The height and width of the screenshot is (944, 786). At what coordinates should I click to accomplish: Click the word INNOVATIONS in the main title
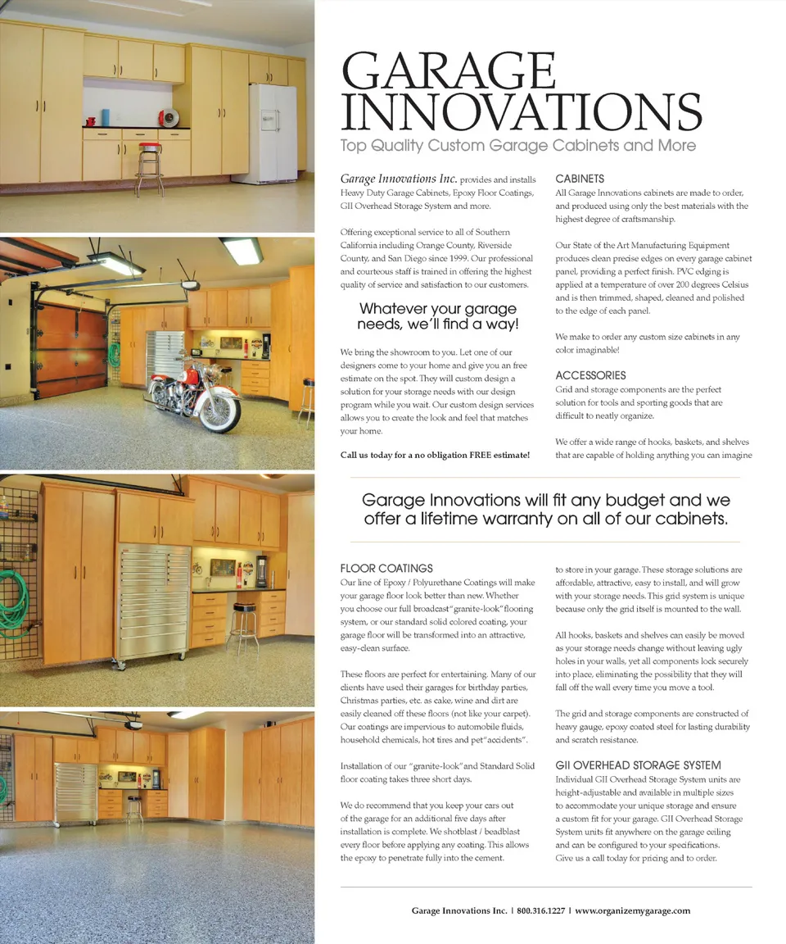(x=521, y=112)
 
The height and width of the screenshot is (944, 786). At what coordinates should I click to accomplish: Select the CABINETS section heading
(x=580, y=179)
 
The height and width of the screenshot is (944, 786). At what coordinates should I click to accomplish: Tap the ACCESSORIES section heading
(x=590, y=375)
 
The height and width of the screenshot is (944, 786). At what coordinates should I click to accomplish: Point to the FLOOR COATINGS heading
(x=386, y=568)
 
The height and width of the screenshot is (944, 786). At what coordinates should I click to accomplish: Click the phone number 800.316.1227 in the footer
(x=540, y=910)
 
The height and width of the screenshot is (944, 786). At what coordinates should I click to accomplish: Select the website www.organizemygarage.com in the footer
(x=632, y=910)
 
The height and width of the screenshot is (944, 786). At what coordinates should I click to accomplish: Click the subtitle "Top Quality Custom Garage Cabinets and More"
(x=517, y=146)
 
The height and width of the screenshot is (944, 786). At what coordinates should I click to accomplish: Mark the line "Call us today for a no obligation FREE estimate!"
(x=435, y=455)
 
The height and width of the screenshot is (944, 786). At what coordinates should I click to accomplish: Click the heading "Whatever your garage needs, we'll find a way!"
(x=438, y=316)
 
